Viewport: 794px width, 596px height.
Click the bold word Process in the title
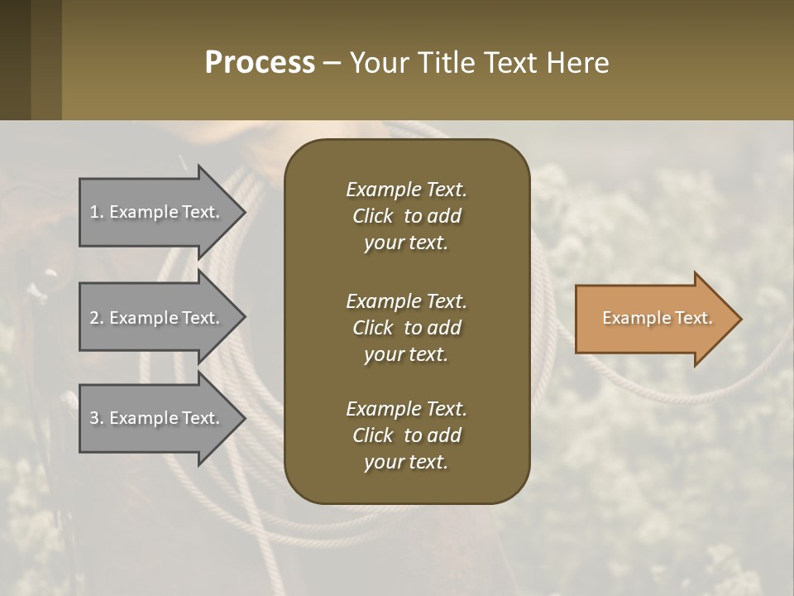[260, 63]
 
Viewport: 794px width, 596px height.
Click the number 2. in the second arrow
[97, 318]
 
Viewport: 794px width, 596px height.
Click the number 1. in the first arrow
[96, 212]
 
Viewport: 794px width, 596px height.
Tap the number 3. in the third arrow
[97, 418]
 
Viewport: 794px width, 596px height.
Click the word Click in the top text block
[372, 216]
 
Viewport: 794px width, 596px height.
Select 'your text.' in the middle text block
[406, 354]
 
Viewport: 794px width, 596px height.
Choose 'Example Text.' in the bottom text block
[406, 409]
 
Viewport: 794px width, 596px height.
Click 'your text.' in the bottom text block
[406, 462]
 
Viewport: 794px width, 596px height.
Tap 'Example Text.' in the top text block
[406, 190]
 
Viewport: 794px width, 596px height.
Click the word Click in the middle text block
[372, 328]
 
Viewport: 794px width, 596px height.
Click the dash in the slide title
[332, 64]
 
